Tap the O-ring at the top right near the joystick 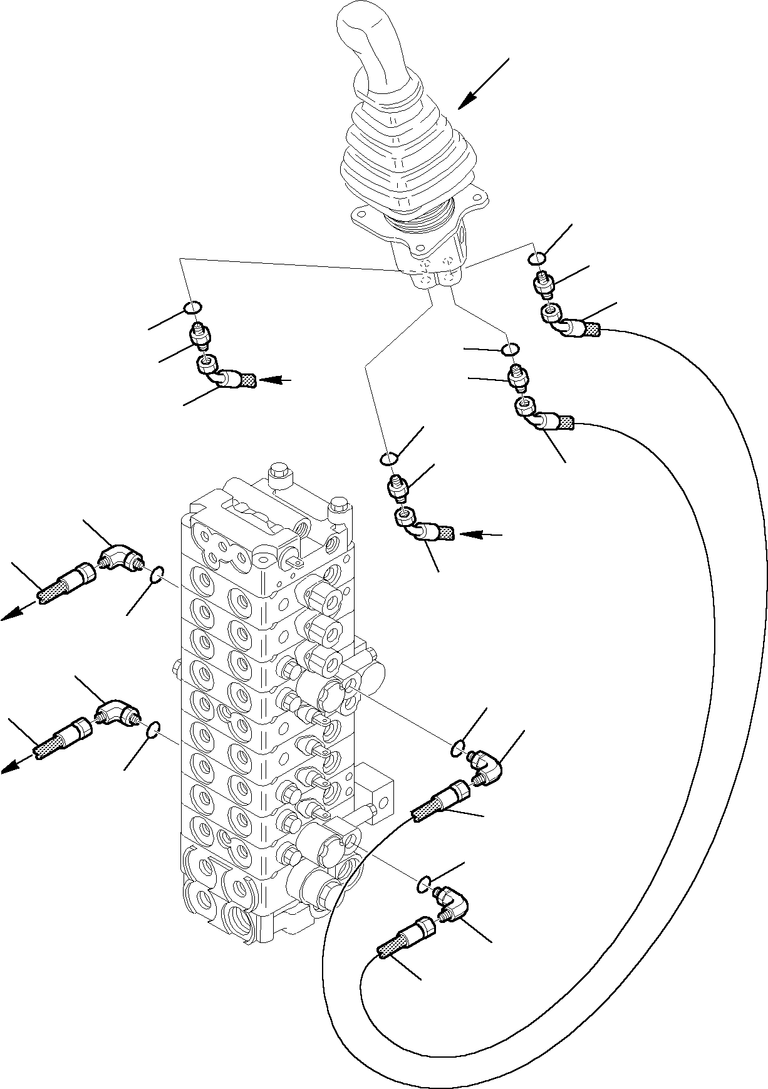537,258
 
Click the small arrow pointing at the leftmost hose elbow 275,380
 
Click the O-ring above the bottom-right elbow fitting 423,884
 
